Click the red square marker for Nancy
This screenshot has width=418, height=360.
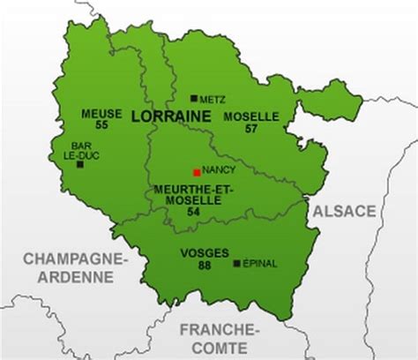(196, 173)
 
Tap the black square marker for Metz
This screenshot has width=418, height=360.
(194, 99)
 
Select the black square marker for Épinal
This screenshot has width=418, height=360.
(235, 263)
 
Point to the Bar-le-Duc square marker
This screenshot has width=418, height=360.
(80, 164)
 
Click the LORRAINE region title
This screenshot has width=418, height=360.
(165, 116)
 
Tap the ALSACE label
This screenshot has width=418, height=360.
(343, 211)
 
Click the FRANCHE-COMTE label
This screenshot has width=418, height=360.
(219, 338)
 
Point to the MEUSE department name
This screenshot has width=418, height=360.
(101, 115)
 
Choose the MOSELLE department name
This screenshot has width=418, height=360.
(251, 116)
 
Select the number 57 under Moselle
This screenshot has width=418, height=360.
(251, 129)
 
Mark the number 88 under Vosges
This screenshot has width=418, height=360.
(205, 265)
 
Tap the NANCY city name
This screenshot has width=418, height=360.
(219, 169)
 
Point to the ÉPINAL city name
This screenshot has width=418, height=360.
(260, 263)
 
